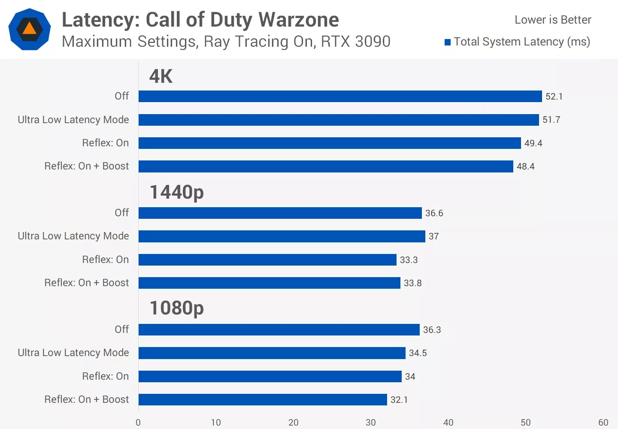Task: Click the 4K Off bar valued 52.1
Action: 340,96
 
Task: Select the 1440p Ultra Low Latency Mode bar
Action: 282,236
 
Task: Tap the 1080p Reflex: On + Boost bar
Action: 263,399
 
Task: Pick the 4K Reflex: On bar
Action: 330,143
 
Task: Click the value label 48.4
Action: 525,166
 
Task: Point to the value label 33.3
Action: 409,260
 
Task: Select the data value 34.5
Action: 418,353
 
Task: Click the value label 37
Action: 433,236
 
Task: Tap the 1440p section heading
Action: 176,192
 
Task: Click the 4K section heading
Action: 161,76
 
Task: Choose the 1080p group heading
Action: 176,308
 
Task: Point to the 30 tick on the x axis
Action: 371,423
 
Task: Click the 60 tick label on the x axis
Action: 603,423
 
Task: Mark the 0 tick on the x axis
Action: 138,423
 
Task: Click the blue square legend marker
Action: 448,42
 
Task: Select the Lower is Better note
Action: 553,20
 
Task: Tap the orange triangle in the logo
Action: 29,29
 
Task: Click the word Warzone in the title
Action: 299,20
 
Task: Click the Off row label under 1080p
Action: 121,329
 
